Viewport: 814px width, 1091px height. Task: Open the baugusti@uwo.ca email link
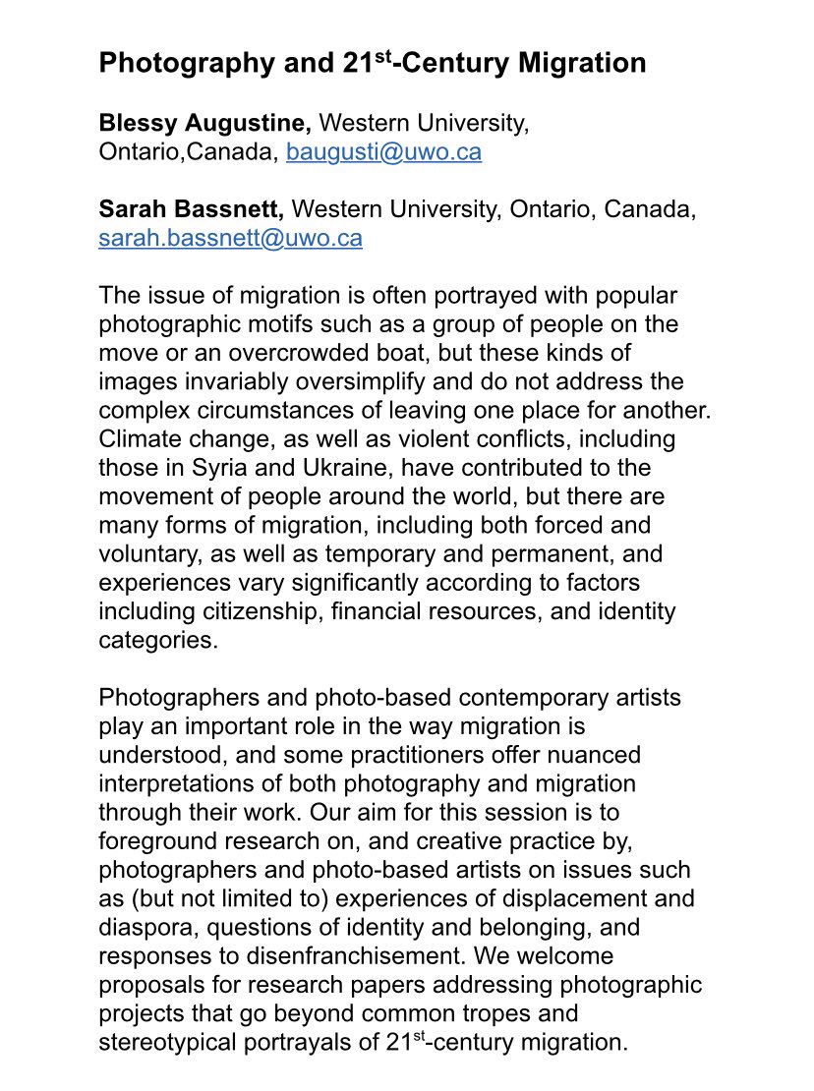(x=383, y=152)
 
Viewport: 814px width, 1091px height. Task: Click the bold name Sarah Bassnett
(x=192, y=209)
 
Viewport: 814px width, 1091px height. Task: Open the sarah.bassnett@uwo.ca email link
(x=230, y=238)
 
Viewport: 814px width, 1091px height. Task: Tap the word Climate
(x=137, y=437)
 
